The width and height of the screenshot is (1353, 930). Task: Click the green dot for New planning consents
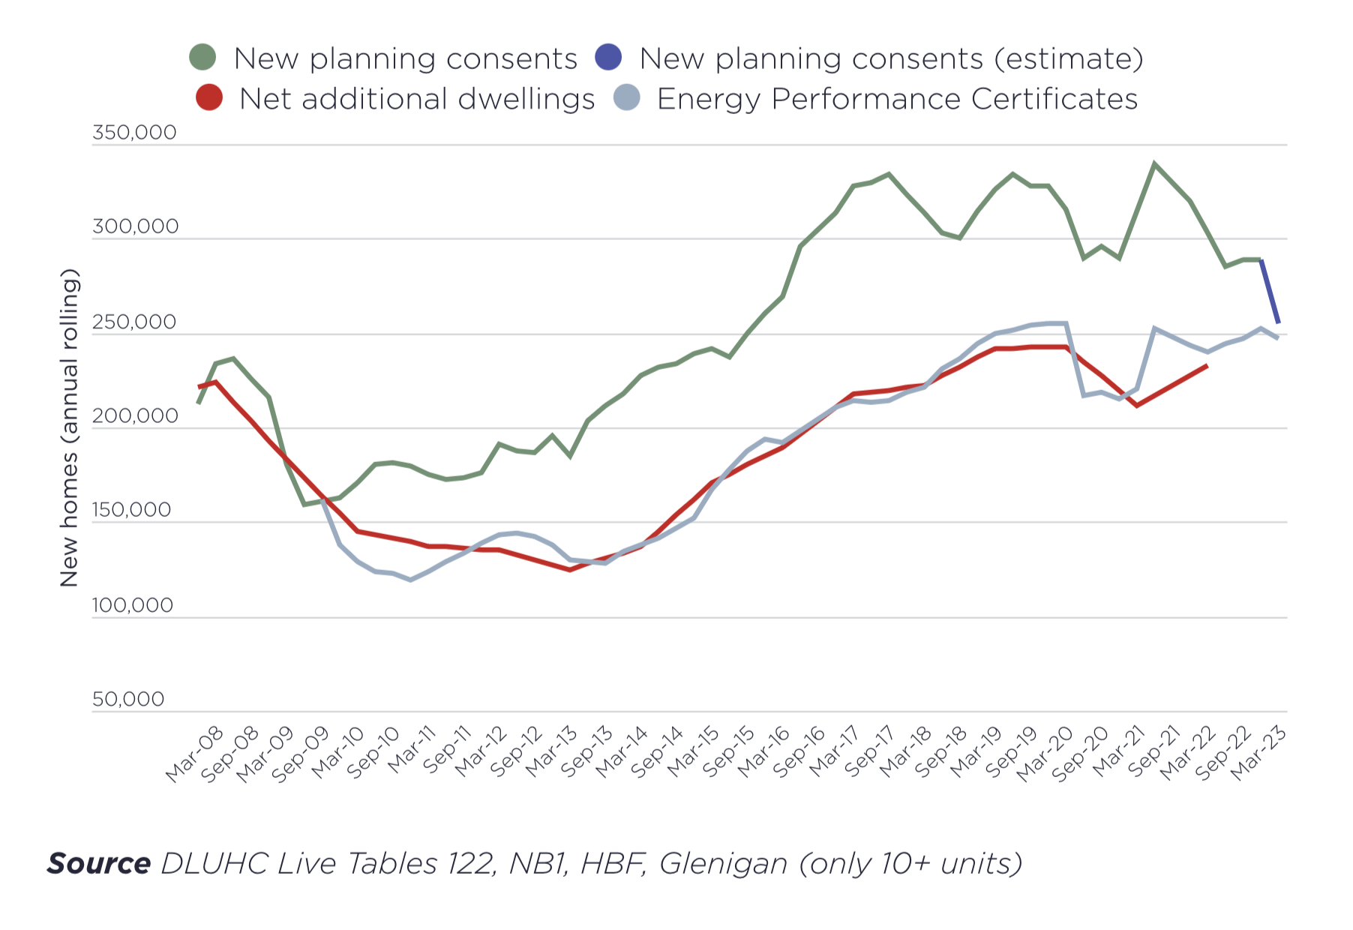coord(202,57)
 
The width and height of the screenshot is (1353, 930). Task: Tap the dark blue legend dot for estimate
coord(608,57)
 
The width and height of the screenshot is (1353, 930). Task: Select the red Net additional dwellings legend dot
coord(208,97)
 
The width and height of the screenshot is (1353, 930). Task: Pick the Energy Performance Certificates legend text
coord(897,99)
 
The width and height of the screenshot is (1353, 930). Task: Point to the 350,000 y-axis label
coord(134,133)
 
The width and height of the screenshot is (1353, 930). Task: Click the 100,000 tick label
coord(133,605)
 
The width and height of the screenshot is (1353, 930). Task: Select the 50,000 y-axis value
coord(128,700)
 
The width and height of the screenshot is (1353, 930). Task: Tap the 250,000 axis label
coord(134,322)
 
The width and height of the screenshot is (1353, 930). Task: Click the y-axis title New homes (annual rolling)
coord(69,427)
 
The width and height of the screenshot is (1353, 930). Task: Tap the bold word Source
coord(99,864)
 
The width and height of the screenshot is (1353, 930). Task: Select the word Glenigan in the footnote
coord(723,864)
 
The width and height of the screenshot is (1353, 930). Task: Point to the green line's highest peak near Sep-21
coord(1154,163)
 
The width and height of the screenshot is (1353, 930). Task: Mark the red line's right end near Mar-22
coord(1207,365)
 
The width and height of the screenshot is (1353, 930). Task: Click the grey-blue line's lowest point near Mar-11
coord(410,580)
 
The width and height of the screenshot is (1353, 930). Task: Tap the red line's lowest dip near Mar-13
coord(570,570)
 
